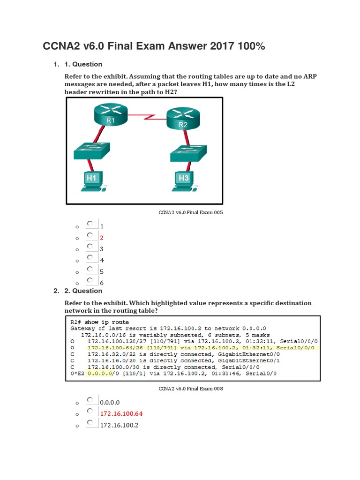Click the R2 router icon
pyautogui.click(x=183, y=118)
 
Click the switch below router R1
pyautogui.click(x=91, y=152)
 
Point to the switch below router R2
pyautogui.click(x=187, y=154)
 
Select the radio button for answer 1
pyautogui.click(x=90, y=224)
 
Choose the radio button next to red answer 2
pyautogui.click(x=90, y=235)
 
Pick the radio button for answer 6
pyautogui.click(x=90, y=280)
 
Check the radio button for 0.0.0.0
pyautogui.click(x=90, y=400)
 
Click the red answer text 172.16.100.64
pyautogui.click(x=121, y=414)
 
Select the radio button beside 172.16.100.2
pyautogui.click(x=90, y=423)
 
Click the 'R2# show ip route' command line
pyautogui.click(x=98, y=322)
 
